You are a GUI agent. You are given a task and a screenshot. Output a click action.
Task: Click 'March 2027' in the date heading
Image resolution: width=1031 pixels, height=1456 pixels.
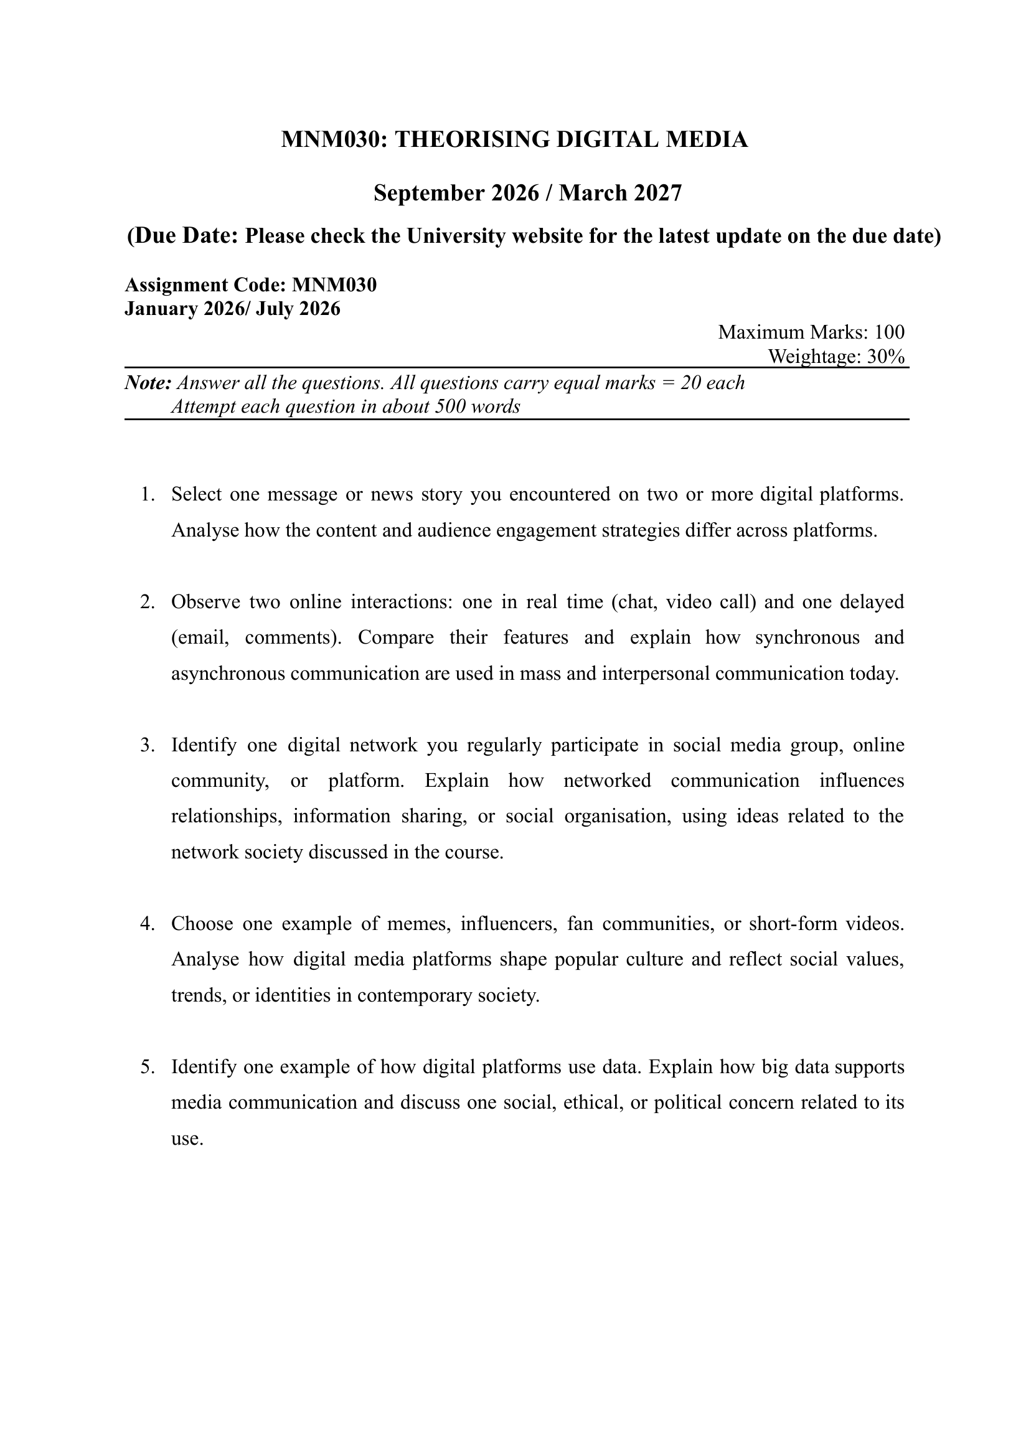click(x=619, y=193)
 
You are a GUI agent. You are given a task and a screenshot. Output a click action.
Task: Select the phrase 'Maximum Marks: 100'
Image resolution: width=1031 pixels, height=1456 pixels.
click(x=811, y=332)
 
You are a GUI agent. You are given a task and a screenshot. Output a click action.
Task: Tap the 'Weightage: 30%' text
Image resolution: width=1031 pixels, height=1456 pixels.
click(x=836, y=357)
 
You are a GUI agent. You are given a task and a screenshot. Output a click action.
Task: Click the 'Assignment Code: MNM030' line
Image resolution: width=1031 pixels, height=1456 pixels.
click(x=251, y=285)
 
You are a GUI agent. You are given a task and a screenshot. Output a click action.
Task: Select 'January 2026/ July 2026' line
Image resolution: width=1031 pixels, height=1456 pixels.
click(x=232, y=309)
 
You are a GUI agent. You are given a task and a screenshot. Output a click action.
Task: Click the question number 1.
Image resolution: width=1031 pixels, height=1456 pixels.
click(x=147, y=494)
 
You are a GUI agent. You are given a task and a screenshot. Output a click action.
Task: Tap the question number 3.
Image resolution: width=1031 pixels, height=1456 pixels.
click(x=147, y=745)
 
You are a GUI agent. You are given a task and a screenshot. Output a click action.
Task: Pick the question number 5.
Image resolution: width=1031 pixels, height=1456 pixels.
click(x=147, y=1067)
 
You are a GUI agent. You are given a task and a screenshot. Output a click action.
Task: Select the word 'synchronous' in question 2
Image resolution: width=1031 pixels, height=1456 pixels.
click(x=807, y=637)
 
